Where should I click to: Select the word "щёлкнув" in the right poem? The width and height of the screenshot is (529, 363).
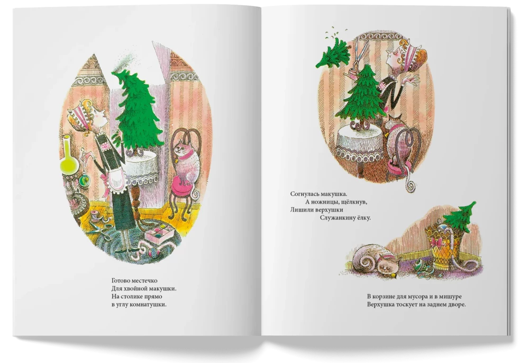(352, 202)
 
